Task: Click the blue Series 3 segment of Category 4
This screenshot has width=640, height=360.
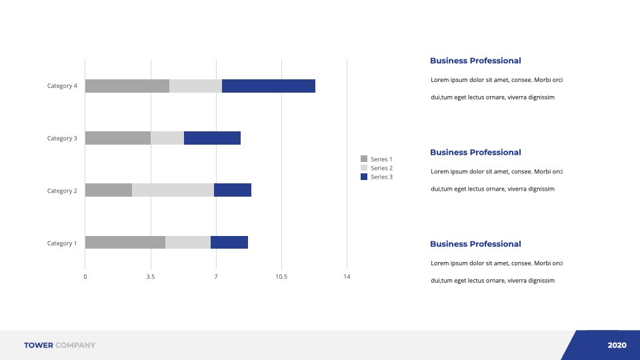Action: [x=269, y=86]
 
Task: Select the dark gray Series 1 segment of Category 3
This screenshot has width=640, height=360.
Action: [x=118, y=138]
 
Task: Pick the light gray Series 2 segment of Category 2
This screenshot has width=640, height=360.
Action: [x=173, y=190]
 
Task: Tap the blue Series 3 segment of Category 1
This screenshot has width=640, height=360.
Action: [x=229, y=243]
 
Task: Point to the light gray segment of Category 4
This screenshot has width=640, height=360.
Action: [x=195, y=86]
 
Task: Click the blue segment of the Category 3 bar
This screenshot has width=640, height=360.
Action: [x=212, y=138]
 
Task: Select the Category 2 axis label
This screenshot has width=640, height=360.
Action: [x=62, y=191]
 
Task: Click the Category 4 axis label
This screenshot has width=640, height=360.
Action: [x=62, y=86]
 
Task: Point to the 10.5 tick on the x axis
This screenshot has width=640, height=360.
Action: [x=281, y=277]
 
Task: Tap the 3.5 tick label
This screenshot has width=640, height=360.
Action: [x=151, y=277]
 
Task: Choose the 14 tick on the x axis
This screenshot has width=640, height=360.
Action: [x=347, y=277]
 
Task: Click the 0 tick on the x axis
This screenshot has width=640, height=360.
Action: [x=85, y=277]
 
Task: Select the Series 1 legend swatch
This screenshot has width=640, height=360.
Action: [x=364, y=159]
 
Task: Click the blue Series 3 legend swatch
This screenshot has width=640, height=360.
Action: [x=364, y=177]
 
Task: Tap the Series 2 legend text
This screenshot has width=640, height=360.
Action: [x=381, y=168]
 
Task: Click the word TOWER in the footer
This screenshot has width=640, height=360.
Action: [x=39, y=345]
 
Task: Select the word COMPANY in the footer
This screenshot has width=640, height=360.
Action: [x=75, y=345]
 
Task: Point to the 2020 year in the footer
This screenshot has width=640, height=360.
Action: [x=617, y=345]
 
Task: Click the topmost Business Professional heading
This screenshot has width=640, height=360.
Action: [x=475, y=61]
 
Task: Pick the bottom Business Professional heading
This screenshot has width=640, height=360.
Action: [x=475, y=244]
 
